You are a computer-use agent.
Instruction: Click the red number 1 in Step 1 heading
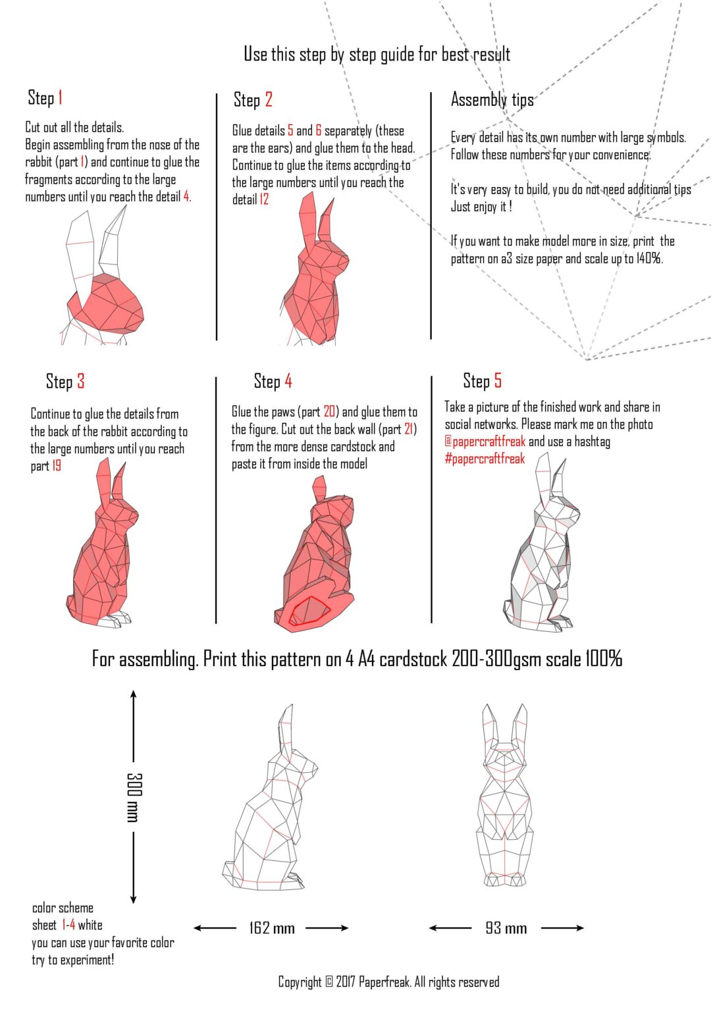[60, 98]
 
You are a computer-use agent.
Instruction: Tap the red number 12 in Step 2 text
[264, 199]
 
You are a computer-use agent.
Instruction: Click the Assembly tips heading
[492, 100]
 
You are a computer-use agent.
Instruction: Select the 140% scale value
[649, 259]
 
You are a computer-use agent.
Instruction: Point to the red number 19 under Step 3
[57, 466]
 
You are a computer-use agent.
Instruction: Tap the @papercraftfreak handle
[485, 442]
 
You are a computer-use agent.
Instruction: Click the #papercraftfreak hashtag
[485, 459]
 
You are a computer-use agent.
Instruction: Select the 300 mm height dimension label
[134, 797]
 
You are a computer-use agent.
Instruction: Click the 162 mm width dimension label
[272, 928]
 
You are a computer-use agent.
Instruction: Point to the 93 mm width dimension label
[506, 928]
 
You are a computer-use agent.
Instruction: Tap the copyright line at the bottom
[388, 982]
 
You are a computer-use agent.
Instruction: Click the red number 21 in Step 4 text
[409, 429]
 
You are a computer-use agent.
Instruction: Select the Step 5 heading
[482, 381]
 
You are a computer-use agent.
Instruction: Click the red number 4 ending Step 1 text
[186, 196]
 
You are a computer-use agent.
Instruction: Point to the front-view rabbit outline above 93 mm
[505, 796]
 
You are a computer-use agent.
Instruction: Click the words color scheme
[63, 908]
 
